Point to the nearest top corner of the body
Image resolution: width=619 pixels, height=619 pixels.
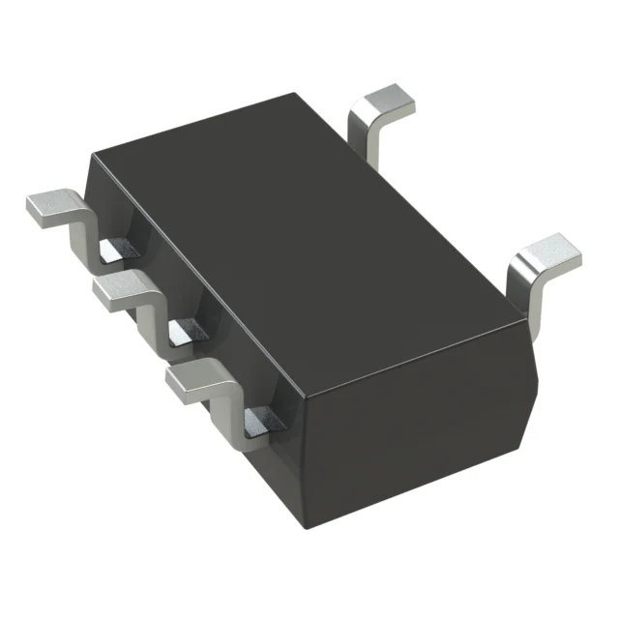(303, 395)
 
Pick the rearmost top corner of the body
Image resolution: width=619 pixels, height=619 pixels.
(295, 94)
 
